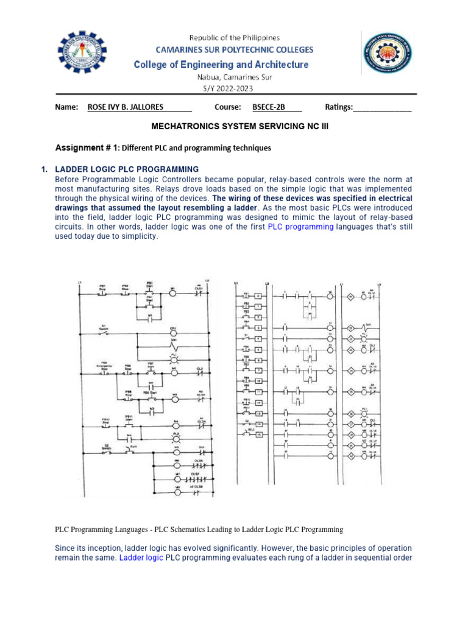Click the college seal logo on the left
83,56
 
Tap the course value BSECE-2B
269,107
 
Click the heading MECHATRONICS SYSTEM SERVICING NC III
234,127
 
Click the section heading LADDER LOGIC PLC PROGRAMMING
127,169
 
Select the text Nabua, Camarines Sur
234,77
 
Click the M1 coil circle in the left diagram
172,293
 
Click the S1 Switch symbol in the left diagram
104,333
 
